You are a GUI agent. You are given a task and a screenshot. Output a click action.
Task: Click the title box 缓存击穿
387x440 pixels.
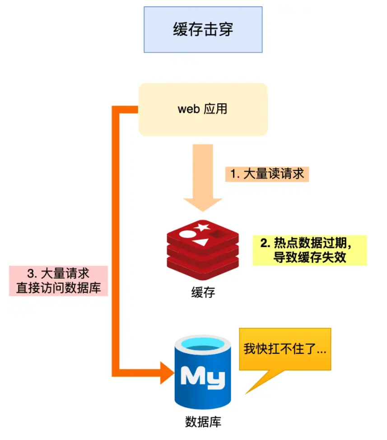click(x=203, y=29)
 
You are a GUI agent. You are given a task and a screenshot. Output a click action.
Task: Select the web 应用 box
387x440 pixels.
click(x=203, y=109)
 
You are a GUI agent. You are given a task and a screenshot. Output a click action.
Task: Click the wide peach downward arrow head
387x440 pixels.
click(x=203, y=201)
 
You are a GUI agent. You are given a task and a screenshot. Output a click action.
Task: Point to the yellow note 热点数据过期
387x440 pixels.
click(x=309, y=250)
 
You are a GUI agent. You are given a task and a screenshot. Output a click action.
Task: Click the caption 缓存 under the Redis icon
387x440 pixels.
click(x=203, y=292)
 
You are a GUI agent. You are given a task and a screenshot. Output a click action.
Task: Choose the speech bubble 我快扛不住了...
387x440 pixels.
click(x=285, y=349)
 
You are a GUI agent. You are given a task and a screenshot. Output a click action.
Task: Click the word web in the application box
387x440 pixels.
click(x=188, y=109)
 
